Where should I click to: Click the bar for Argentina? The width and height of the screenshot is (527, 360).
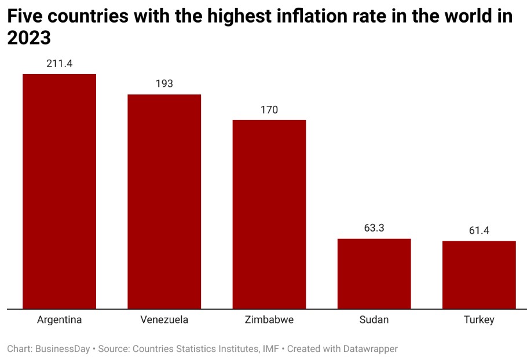59,191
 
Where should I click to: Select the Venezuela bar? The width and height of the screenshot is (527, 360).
164,201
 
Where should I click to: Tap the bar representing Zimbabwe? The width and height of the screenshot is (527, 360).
269,214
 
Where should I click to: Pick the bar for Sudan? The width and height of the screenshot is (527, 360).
374,273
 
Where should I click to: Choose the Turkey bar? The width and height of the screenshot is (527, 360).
479,274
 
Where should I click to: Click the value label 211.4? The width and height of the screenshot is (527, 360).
59,64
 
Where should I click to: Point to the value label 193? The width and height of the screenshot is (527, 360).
164,84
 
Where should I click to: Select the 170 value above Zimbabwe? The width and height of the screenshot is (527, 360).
269,109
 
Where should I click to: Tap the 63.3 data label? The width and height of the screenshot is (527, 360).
374,228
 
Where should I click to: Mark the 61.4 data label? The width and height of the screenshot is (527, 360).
479,230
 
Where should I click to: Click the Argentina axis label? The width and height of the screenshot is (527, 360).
59,320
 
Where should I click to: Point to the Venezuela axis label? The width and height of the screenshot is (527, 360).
164,320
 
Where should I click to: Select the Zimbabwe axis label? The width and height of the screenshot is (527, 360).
269,320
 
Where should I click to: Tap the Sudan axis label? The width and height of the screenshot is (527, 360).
374,320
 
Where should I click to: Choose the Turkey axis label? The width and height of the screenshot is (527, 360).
479,320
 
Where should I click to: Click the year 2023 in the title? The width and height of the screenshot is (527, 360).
29,38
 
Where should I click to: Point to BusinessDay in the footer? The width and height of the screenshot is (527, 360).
63,349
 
